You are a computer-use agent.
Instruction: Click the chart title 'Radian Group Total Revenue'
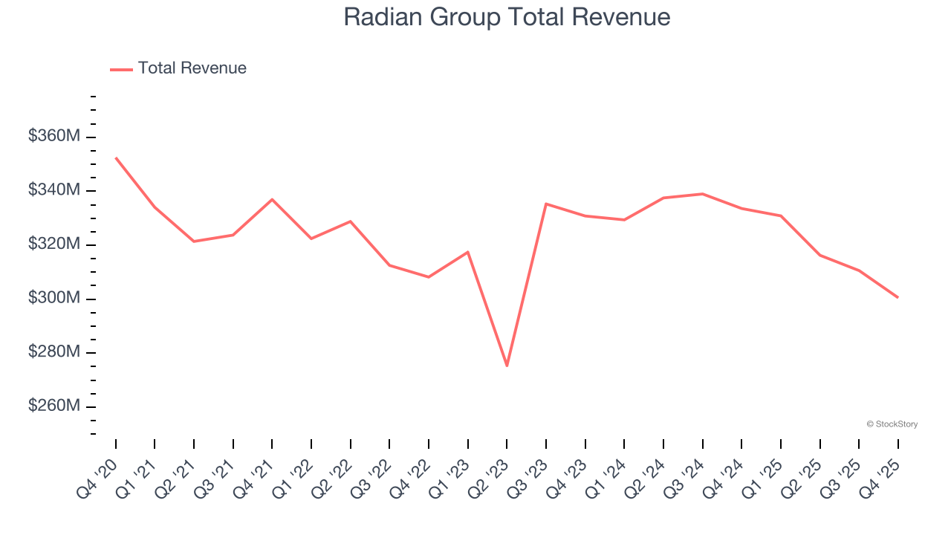point(507,17)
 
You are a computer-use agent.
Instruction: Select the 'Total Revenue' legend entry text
point(192,68)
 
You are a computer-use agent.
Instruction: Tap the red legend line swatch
point(121,69)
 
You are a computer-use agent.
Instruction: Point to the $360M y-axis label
point(54,137)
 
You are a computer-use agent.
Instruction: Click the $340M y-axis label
point(54,190)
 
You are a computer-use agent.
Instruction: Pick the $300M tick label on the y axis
point(54,298)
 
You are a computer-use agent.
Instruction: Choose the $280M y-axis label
point(54,352)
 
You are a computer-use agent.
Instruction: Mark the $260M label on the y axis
point(54,406)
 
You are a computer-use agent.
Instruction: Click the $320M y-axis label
point(54,244)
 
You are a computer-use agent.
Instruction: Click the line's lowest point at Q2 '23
point(507,366)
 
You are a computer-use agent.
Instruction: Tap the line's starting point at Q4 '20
point(116,158)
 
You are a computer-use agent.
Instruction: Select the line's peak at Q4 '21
point(272,199)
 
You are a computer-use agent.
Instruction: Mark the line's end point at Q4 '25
point(898,297)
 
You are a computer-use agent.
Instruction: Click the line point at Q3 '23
point(546,204)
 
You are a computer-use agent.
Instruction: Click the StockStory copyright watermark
point(892,424)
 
